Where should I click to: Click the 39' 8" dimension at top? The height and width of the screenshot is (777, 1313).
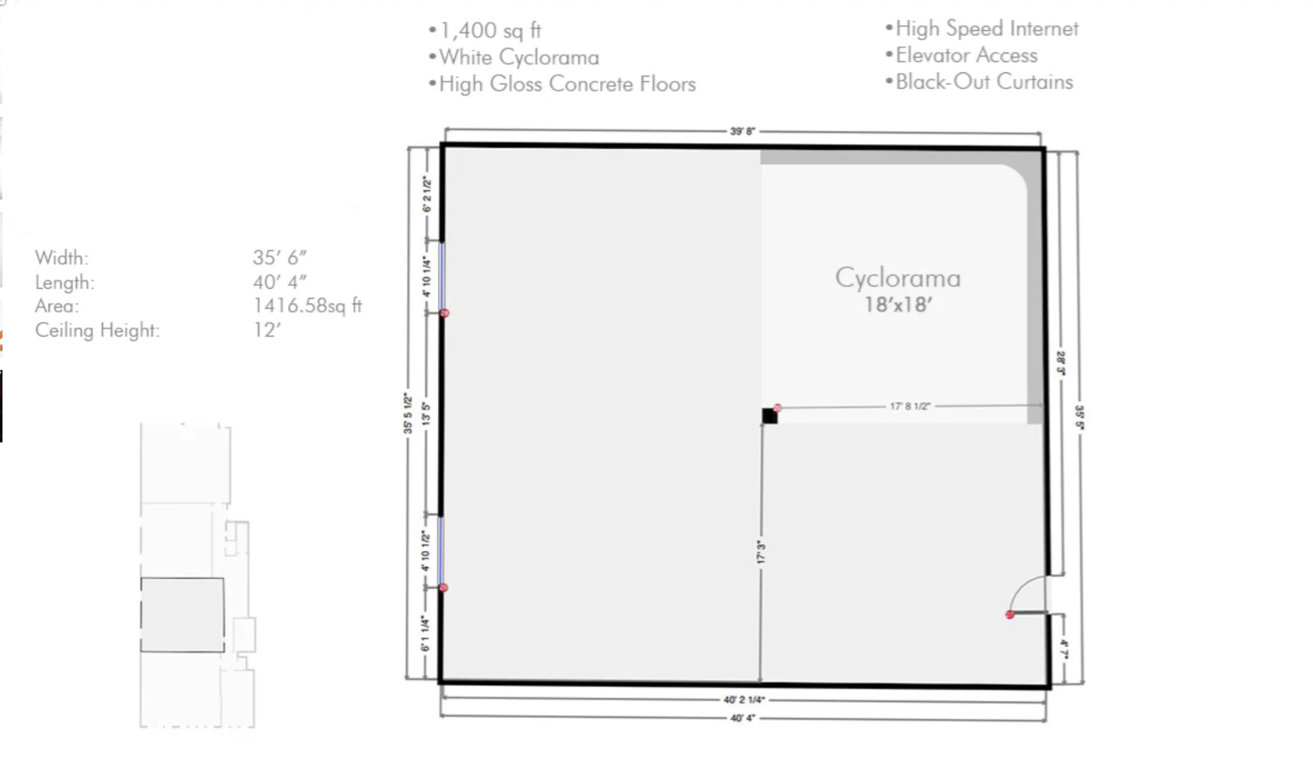[743, 132]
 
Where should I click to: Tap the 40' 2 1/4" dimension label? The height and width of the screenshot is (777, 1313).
[744, 699]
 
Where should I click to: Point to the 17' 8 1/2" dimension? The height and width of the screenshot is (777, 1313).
[910, 406]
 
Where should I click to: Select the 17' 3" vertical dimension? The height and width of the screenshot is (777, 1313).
[761, 553]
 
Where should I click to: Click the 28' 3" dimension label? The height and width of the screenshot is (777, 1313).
[1061, 363]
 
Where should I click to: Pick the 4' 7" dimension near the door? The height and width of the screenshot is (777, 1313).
[1064, 650]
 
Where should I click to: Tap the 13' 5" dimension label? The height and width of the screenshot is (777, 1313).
[426, 414]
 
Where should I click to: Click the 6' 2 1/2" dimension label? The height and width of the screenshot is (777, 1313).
[426, 194]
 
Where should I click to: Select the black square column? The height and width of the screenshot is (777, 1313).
[769, 416]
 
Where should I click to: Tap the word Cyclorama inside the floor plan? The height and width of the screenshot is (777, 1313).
[897, 278]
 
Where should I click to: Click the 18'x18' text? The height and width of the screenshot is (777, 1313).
[898, 305]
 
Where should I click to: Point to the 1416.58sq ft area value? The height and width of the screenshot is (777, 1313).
[307, 306]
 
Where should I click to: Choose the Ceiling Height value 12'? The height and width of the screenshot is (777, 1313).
[267, 330]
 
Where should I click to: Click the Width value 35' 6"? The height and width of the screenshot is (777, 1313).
[280, 258]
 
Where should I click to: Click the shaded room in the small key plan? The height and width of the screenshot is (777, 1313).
[182, 615]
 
